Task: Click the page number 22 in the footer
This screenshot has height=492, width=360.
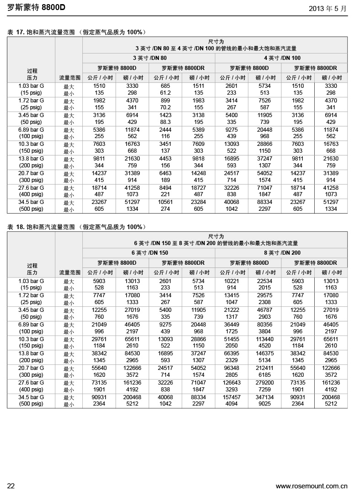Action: pos(11,486)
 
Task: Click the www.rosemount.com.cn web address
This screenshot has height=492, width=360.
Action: pos(312,486)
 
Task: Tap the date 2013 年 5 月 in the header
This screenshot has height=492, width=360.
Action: pos(328,8)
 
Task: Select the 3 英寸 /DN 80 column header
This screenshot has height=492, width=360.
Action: pos(150,58)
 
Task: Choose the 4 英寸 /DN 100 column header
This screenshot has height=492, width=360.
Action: pos(282,58)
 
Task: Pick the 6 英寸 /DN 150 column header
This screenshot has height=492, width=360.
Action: pos(150,252)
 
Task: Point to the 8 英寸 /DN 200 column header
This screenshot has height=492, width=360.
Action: pos(282,252)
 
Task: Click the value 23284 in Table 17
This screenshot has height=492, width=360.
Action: pos(198,202)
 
